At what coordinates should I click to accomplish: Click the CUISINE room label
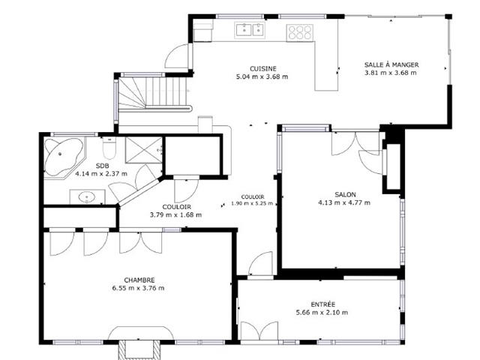coord(262,67)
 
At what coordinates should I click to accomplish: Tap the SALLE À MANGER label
coord(391,64)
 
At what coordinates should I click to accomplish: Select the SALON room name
coord(345,193)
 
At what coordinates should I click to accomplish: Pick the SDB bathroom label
coord(101,165)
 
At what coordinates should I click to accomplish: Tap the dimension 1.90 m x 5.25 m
coord(247,203)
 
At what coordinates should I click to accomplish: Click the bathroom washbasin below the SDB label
coord(87,198)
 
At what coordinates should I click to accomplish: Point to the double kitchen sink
coord(250,30)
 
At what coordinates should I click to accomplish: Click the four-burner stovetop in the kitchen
coord(299,31)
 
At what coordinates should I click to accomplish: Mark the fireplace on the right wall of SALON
coord(391,166)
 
